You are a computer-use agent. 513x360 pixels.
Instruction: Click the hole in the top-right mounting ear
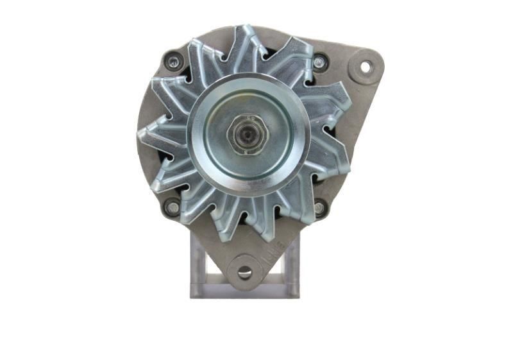pos(365,66)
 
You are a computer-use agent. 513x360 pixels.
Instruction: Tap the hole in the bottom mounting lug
pos(244,272)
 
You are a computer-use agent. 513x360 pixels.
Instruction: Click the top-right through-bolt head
pos(319,62)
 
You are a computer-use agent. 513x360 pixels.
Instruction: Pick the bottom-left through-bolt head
pos(172,207)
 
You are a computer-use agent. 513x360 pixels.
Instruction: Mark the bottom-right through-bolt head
pos(319,207)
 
